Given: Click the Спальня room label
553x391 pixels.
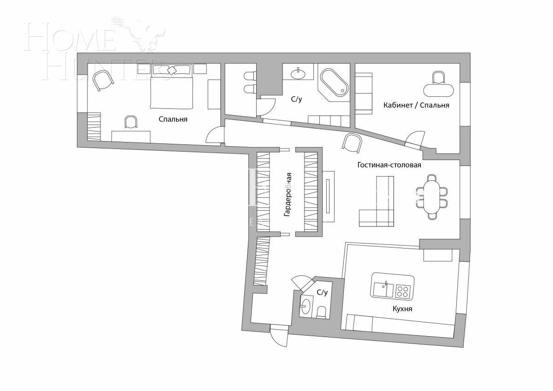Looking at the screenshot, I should pos(173,119).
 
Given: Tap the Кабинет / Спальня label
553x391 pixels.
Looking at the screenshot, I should pos(416,105).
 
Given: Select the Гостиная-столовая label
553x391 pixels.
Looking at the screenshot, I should pos(389,165).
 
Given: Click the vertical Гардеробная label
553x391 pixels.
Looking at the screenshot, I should pos(288,195).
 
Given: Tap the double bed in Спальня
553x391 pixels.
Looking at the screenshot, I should pos(171,90).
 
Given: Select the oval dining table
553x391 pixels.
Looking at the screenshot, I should pos(432,196).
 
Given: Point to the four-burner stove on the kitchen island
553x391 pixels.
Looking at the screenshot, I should pos(403,290).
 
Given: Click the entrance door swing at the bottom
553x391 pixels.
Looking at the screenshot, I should pos(279,336).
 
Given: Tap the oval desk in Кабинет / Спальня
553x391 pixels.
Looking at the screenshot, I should pos(438,89).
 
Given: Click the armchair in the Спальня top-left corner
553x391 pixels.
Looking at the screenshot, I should pos(103,81).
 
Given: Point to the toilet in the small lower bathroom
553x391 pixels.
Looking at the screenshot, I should pos(322,312).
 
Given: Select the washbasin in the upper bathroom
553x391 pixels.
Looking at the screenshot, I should pos(299,72).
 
